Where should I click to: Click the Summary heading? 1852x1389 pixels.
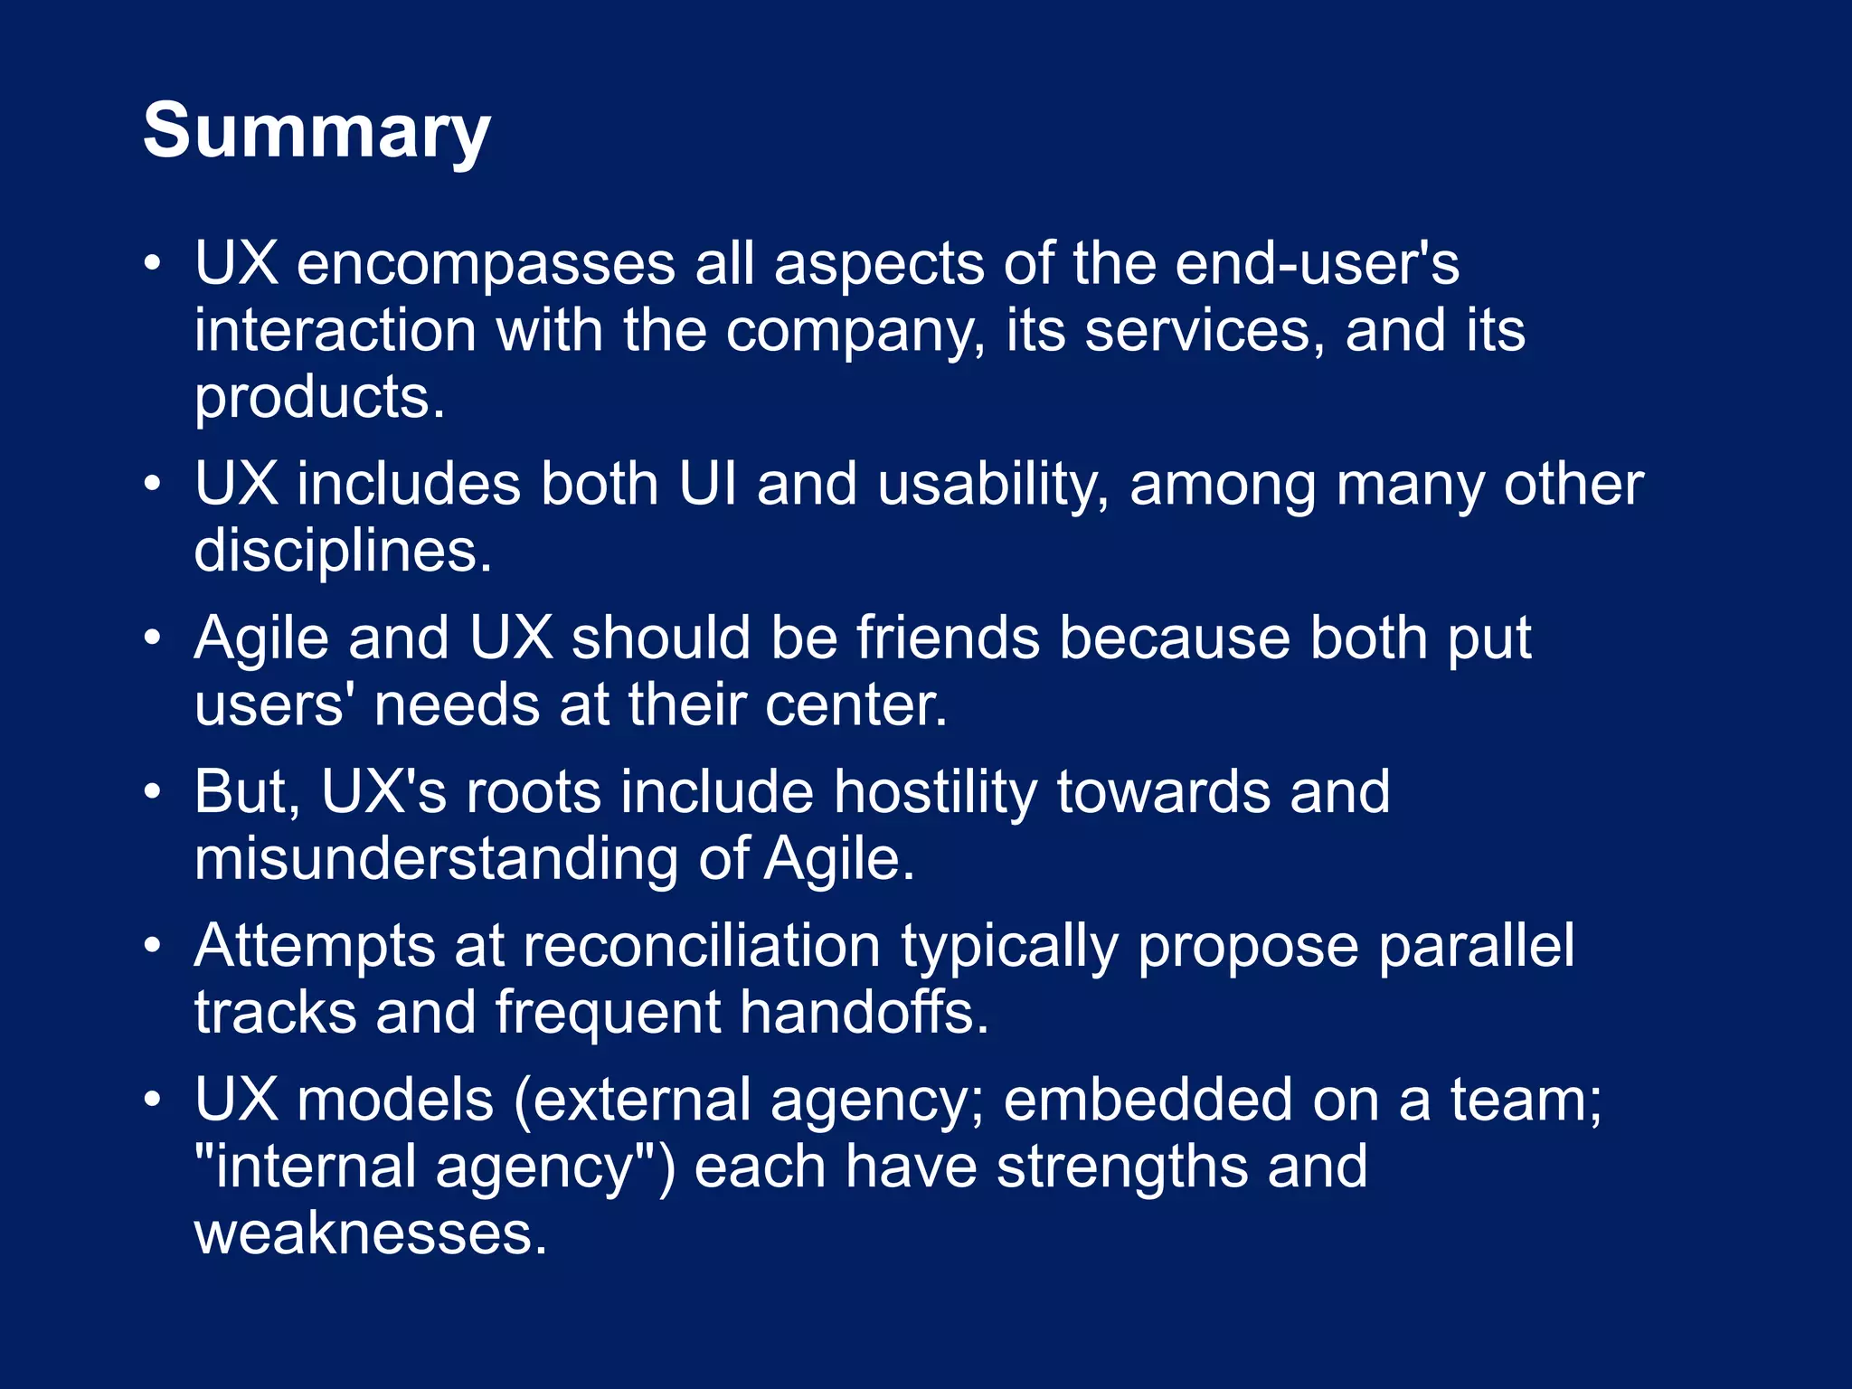[317, 132]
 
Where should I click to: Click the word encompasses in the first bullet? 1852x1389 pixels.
[486, 264]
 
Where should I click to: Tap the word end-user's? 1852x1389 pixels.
[1317, 264]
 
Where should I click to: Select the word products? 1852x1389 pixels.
[319, 398]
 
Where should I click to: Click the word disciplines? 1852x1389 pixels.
[343, 552]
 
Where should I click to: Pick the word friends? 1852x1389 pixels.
[948, 638]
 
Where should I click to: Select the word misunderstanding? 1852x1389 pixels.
[436, 859]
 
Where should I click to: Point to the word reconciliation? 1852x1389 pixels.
[701, 946]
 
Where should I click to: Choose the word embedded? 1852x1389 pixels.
[1148, 1100]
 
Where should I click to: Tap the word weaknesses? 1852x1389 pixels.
[371, 1233]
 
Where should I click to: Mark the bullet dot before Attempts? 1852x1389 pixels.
[153, 946]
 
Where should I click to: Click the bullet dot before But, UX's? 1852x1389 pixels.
[153, 792]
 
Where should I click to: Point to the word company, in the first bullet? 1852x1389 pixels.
[855, 331]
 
